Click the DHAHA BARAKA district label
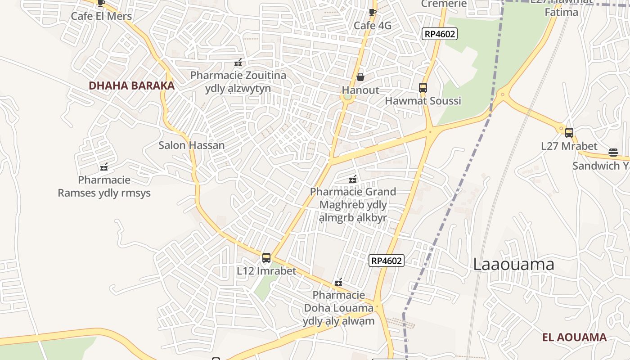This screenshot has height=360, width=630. [131, 85]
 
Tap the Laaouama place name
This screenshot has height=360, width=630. [513, 264]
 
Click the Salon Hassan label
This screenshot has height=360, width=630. [191, 145]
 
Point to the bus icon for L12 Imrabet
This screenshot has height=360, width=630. [266, 258]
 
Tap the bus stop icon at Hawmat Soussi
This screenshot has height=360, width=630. [423, 88]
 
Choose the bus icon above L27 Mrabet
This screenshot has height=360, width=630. [569, 133]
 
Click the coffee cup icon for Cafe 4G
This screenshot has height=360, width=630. [372, 12]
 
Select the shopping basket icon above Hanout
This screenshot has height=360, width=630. [360, 77]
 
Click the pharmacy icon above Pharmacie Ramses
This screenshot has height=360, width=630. [104, 167]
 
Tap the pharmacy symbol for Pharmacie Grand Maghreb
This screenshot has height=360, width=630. [353, 179]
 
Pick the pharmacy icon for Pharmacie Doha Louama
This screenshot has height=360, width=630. [338, 283]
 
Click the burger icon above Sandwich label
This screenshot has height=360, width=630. [613, 153]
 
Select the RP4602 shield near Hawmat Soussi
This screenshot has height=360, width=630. [440, 34]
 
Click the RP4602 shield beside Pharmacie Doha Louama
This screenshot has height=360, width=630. [387, 261]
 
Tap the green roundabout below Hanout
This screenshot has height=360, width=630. [347, 97]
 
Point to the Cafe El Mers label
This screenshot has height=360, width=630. [101, 17]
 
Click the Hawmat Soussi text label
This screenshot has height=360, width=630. [423, 101]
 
